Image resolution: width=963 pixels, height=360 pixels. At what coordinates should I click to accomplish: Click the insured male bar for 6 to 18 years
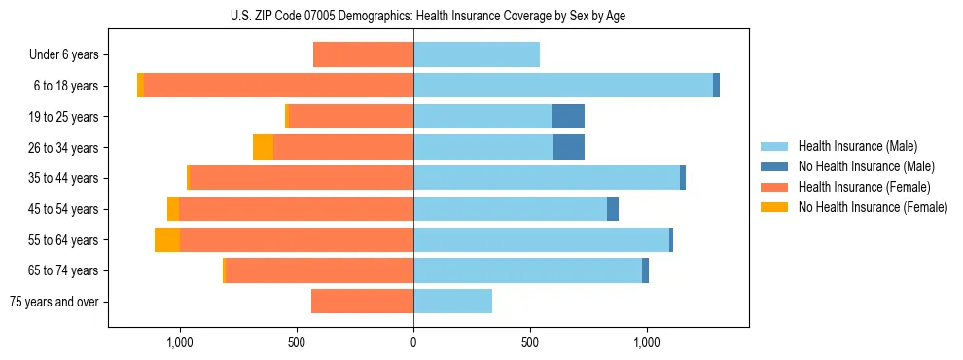(x=563, y=86)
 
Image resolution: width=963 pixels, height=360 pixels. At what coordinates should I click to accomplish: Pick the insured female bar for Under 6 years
(x=363, y=54)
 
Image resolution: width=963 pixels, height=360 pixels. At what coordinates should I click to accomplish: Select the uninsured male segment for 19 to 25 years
(x=568, y=117)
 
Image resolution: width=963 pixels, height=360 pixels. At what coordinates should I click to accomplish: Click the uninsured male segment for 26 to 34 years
(x=569, y=147)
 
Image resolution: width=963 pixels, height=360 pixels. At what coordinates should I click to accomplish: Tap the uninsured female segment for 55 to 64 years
(x=167, y=239)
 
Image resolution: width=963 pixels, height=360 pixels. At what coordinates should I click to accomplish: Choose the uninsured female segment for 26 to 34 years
(x=263, y=147)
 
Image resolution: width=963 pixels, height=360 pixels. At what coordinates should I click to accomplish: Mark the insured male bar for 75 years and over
(x=452, y=302)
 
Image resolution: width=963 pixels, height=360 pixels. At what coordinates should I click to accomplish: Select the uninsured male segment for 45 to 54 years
(x=613, y=209)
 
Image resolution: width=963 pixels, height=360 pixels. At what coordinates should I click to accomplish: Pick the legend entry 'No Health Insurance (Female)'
(x=873, y=207)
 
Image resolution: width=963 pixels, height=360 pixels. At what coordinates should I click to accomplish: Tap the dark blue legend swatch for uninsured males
(x=775, y=167)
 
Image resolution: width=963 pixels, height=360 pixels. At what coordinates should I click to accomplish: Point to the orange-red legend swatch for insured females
(x=775, y=187)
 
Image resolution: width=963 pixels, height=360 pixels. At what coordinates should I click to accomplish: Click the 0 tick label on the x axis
(x=413, y=342)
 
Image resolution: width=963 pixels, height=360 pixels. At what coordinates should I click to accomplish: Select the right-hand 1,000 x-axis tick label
(x=647, y=342)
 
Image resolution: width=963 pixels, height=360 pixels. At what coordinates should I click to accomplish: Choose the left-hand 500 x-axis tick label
(x=297, y=342)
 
